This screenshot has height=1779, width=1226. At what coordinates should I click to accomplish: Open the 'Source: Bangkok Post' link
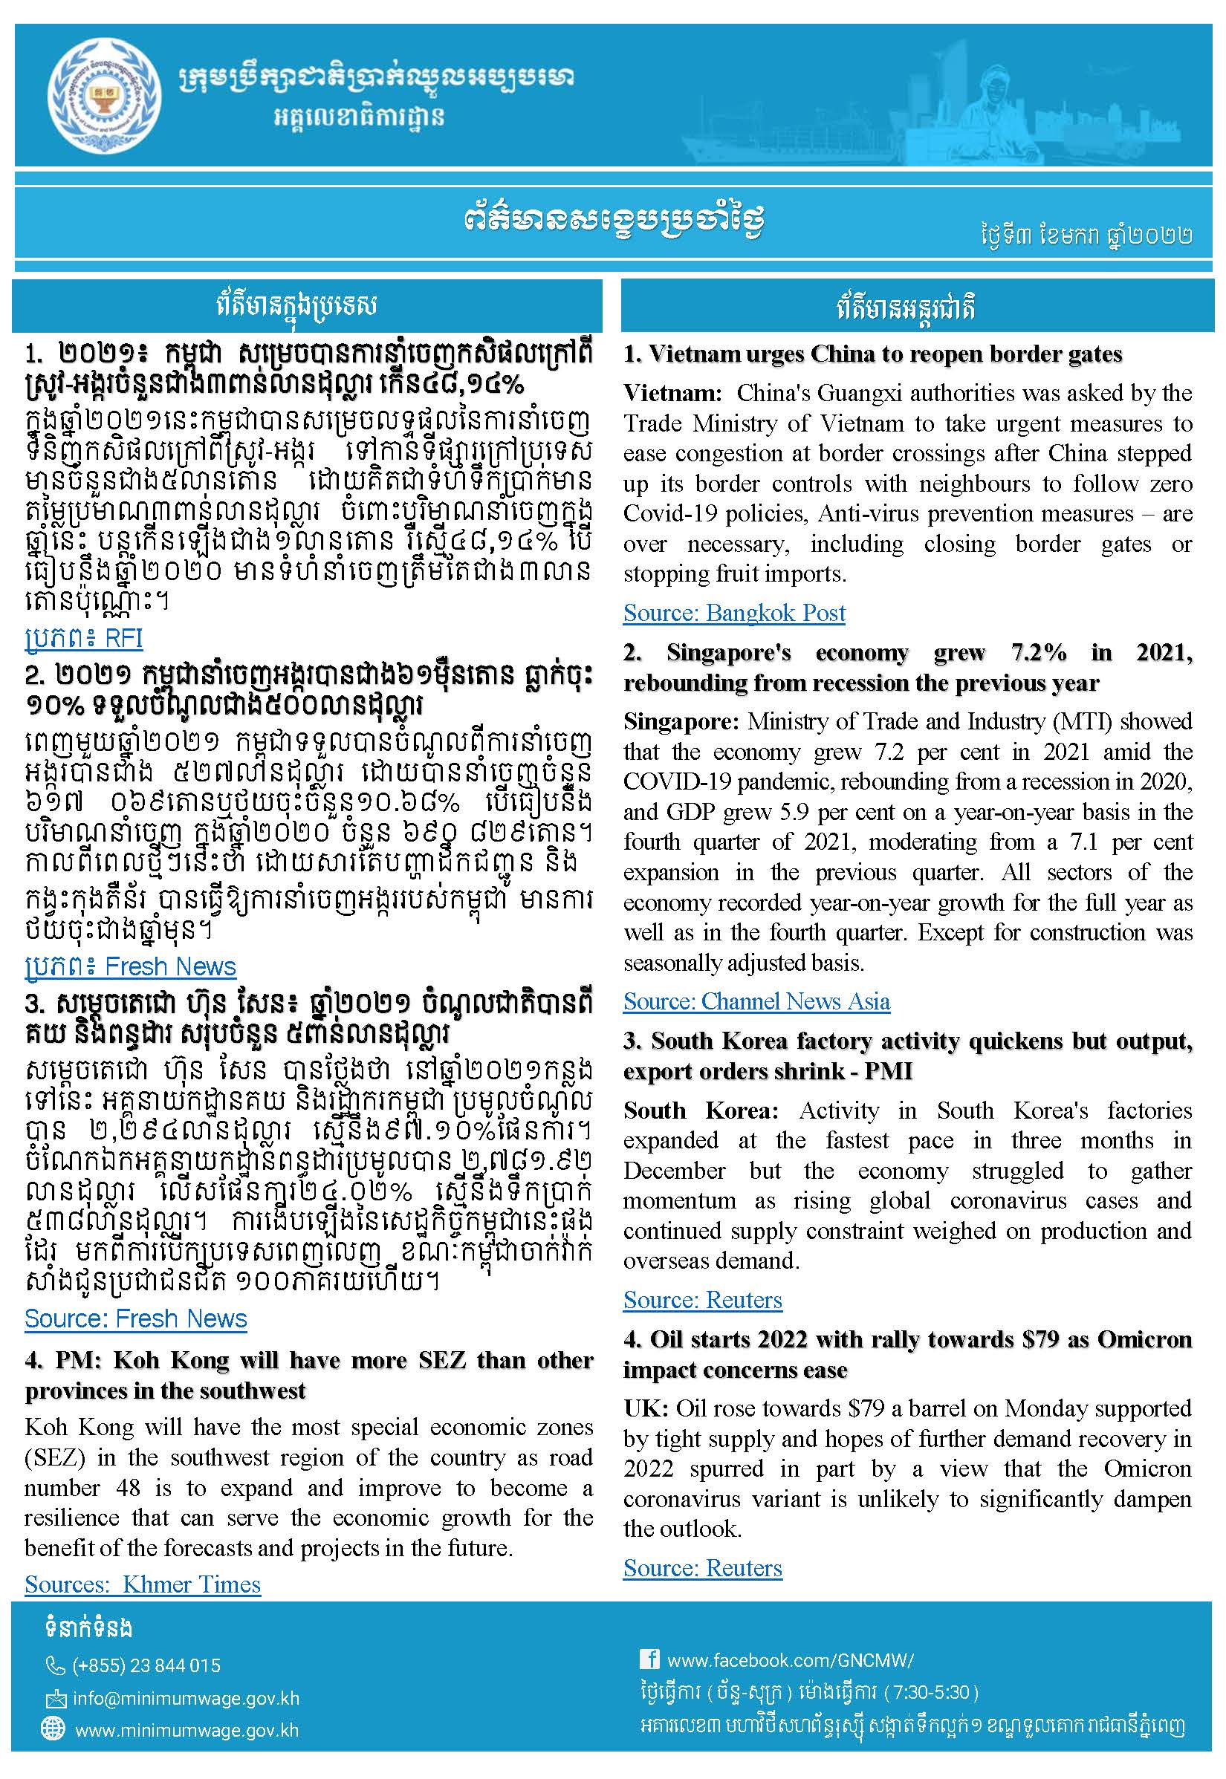733,613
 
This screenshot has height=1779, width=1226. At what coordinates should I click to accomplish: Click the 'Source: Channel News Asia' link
756,1001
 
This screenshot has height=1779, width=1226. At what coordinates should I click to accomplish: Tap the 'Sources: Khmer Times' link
143,1584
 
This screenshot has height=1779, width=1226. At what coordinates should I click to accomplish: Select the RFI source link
84,638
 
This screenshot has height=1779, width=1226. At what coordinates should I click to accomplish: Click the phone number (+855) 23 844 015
146,1665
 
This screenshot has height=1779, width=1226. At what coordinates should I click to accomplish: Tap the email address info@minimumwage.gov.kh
186,1698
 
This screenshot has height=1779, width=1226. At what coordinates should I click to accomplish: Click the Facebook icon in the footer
649,1659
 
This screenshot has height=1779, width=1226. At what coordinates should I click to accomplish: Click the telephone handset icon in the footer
55,1665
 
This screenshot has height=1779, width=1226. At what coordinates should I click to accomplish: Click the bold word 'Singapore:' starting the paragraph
681,722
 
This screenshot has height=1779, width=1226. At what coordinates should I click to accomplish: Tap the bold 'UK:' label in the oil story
646,1408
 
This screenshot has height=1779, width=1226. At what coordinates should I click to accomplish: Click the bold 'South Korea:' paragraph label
700,1111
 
